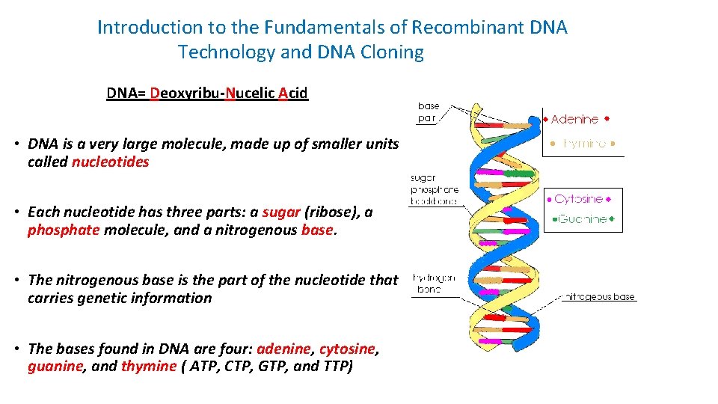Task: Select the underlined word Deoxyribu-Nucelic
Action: pos(213,94)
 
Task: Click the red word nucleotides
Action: pos(111,162)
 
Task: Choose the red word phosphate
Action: pos(63,230)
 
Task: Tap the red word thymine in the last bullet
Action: pos(148,367)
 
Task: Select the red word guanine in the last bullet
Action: pos(55,367)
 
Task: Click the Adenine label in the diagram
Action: pos(574,120)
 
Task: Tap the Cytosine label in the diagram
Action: pos(579,199)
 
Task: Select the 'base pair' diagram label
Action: pos(429,112)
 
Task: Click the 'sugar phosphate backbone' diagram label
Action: pos(433,190)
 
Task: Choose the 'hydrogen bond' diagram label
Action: pos(433,284)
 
